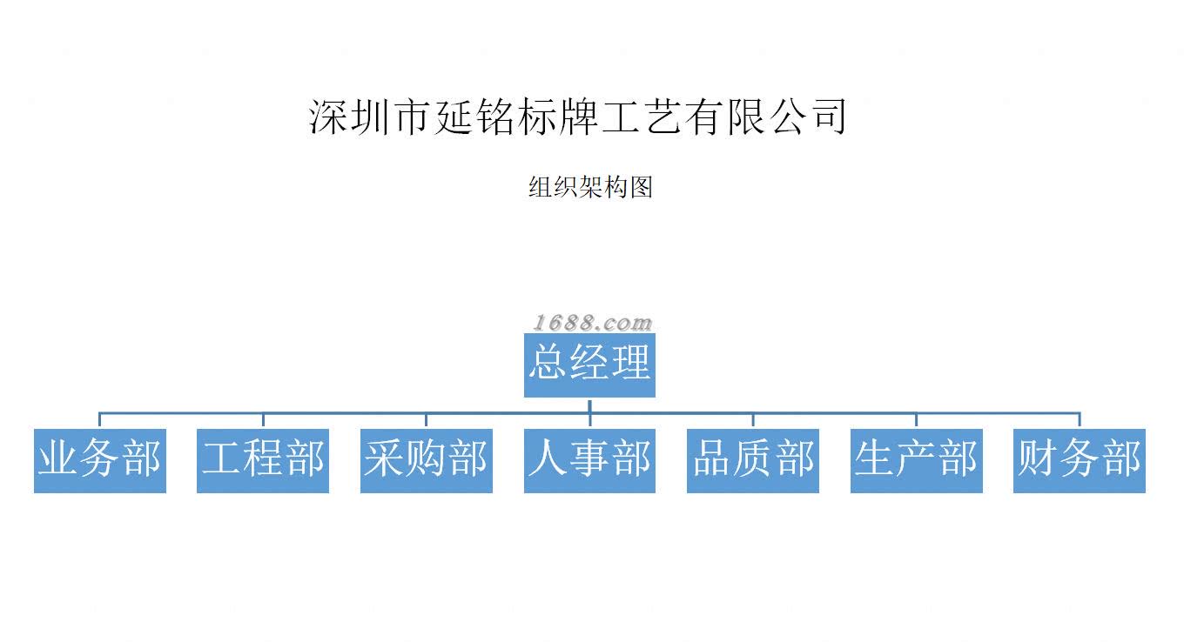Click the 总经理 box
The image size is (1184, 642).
(589, 365)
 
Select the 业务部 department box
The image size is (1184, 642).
(99, 460)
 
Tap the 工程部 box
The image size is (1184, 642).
(263, 460)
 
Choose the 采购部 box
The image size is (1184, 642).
(427, 460)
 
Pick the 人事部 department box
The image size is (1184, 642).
(589, 460)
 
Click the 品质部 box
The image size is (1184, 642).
(753, 460)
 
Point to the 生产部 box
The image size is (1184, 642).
(916, 460)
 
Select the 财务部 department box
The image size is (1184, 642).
(1080, 460)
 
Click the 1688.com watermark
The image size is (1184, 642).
(592, 324)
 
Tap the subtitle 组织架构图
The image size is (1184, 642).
(590, 187)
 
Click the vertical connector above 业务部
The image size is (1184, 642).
(99, 420)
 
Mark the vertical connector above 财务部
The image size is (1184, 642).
(1080, 420)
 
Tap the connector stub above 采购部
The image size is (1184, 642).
(427, 420)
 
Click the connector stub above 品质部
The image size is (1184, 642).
(753, 420)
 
